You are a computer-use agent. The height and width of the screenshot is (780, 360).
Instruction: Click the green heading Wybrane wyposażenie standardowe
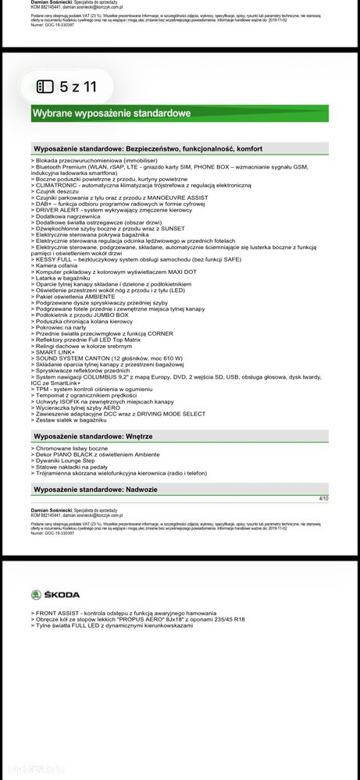point(112,114)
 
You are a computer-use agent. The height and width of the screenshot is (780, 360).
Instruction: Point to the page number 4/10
point(324,497)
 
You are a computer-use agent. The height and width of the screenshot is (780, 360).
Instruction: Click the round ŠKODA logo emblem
point(38,595)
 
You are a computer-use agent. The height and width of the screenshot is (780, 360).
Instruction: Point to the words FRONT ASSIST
point(58,614)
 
